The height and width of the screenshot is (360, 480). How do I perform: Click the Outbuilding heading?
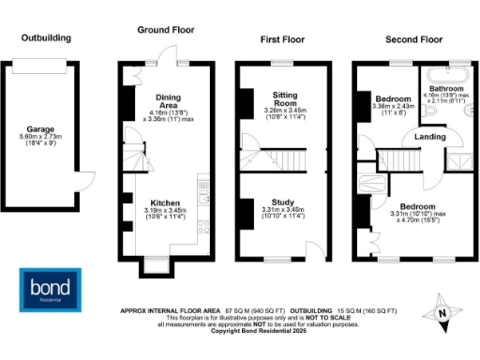tap(47, 37)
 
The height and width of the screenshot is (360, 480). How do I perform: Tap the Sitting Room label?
tap(284, 100)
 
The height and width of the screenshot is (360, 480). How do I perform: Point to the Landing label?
tap(417, 137)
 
